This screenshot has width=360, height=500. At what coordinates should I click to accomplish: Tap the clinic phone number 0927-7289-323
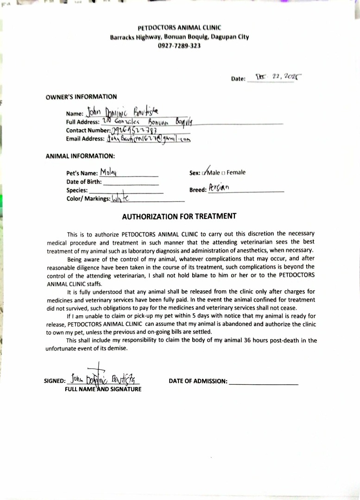(179, 46)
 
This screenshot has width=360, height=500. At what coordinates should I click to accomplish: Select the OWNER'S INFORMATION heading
(81, 97)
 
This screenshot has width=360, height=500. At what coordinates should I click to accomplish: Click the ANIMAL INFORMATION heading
(80, 156)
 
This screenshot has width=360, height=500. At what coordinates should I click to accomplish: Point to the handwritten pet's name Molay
(108, 173)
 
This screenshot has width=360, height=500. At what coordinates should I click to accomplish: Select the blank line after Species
(126, 191)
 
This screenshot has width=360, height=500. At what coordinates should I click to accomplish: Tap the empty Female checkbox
(223, 173)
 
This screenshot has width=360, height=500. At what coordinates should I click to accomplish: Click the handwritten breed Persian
(219, 188)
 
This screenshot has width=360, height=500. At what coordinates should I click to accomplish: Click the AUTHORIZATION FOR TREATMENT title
(179, 216)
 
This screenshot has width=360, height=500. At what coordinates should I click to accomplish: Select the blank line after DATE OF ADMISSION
(264, 382)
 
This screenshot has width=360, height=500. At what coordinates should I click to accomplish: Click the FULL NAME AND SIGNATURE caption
(103, 389)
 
